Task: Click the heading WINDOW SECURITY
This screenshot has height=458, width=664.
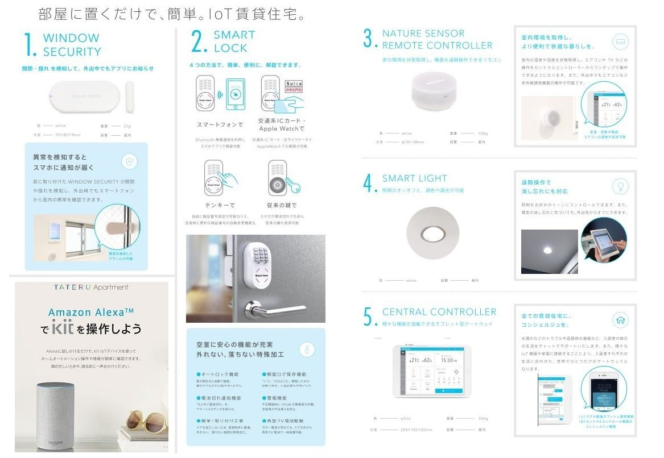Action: [x=71, y=45]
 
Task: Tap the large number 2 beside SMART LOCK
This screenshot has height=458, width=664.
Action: [x=199, y=42]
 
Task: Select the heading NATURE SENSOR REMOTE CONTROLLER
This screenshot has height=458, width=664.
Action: [x=436, y=39]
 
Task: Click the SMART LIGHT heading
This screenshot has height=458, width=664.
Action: [x=414, y=178]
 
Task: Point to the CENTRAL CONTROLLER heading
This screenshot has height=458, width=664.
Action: [x=439, y=312]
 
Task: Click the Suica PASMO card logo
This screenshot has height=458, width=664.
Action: [x=294, y=87]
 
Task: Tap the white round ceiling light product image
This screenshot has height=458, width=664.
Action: [x=433, y=233]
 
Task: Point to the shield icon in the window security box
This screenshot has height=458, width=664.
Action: [x=129, y=161]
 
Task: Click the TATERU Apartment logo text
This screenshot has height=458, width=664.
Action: [x=91, y=288]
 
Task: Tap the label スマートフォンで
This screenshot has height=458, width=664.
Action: [x=220, y=124]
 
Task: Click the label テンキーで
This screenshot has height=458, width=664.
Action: [x=220, y=205]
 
